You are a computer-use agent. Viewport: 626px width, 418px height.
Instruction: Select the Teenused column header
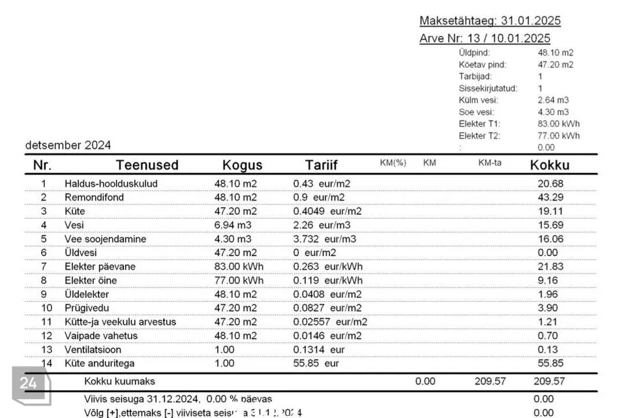[x=147, y=165]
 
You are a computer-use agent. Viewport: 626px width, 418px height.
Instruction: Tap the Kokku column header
[x=550, y=165]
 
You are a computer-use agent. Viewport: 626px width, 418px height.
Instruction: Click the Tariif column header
[x=321, y=165]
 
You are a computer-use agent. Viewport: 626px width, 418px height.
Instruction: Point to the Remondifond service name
[x=94, y=197]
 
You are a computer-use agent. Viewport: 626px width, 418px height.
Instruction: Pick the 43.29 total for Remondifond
[x=550, y=197]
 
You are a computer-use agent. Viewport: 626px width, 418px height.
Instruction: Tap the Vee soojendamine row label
[x=105, y=239]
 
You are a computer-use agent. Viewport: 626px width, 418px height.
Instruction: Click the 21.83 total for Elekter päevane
[x=550, y=266]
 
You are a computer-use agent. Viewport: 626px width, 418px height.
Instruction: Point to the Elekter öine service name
[x=91, y=280]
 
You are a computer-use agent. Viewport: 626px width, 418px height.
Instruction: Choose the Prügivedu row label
[x=87, y=308]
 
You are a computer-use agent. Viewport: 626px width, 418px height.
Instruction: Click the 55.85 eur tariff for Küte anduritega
[x=316, y=363]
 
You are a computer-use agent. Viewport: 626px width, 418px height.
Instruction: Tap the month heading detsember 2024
[x=68, y=145]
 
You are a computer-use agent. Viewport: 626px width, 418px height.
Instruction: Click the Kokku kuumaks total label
[x=119, y=381]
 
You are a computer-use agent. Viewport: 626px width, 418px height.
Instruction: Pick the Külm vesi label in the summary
[x=478, y=100]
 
